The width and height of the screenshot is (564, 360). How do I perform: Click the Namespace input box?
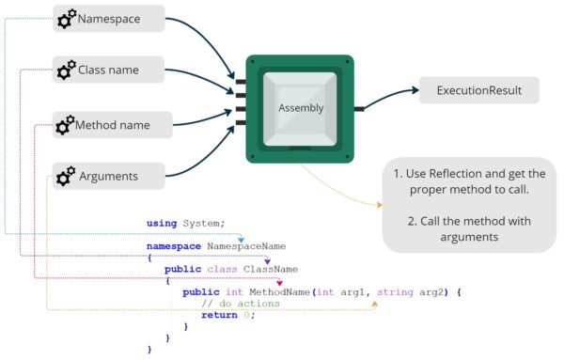pyautogui.click(x=111, y=18)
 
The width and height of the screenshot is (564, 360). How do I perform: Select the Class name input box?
pyautogui.click(x=111, y=69)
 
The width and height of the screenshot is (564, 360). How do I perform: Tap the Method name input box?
pyautogui.click(x=111, y=123)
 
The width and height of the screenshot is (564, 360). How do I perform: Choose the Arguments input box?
pyautogui.click(x=111, y=175)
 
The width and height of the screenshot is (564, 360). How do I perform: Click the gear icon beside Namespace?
pyautogui.click(x=67, y=19)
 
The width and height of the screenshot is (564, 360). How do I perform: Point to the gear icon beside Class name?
pyautogui.click(x=67, y=70)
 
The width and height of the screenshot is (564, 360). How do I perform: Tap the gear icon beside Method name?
pyautogui.click(x=65, y=124)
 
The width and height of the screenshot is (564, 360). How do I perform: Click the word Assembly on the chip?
pyautogui.click(x=301, y=108)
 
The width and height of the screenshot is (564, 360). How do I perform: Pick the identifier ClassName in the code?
pyautogui.click(x=271, y=269)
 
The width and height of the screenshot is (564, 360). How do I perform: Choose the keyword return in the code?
pyautogui.click(x=219, y=315)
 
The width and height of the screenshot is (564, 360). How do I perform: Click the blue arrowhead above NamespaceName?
pyautogui.click(x=242, y=240)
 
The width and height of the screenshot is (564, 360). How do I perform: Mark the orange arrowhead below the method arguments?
pyautogui.click(x=374, y=303)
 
